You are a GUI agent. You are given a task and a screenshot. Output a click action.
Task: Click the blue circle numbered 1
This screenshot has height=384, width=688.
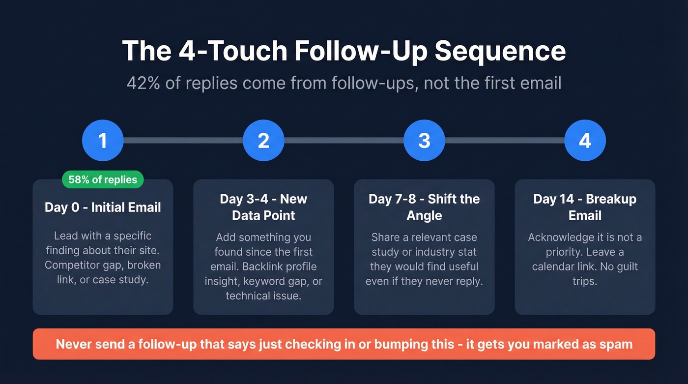pos(102,141)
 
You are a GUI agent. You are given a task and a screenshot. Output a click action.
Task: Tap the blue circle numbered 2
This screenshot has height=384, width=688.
pos(263,141)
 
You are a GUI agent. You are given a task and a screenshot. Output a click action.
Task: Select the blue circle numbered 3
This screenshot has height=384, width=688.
pos(424,141)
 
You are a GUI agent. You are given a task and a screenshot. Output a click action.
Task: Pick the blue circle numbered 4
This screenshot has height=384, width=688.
pos(585,141)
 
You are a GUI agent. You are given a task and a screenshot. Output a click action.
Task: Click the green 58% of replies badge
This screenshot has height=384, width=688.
pos(103,179)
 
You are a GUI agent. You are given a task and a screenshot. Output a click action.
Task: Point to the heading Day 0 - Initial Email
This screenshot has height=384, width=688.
pos(103,207)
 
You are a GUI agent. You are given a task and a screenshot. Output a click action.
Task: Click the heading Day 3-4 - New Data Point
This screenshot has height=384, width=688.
pos(263,207)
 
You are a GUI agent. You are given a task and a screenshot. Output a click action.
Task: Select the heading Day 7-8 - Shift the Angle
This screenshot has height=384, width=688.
pos(424,207)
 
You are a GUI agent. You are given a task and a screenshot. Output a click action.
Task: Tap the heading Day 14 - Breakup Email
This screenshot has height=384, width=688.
pos(585,207)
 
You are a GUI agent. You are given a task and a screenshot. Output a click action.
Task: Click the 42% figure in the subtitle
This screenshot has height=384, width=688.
pos(143,83)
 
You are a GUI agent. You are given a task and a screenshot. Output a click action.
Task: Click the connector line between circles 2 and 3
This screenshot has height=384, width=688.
pos(344,141)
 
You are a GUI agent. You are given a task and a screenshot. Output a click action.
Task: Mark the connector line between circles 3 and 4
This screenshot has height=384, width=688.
pos(505,141)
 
